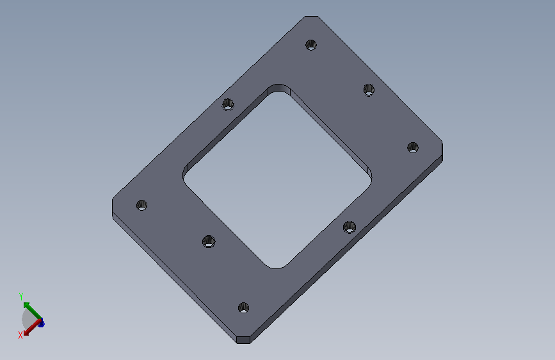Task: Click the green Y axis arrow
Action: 33,311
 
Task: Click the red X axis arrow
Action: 32,327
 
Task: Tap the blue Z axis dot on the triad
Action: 42,323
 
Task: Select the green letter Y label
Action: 21,296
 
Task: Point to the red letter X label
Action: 20,335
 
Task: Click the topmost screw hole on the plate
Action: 311,45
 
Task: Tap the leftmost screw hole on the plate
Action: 142,205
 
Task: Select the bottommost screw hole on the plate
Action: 243,307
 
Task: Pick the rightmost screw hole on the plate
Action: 413,147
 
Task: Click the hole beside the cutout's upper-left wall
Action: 228,104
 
